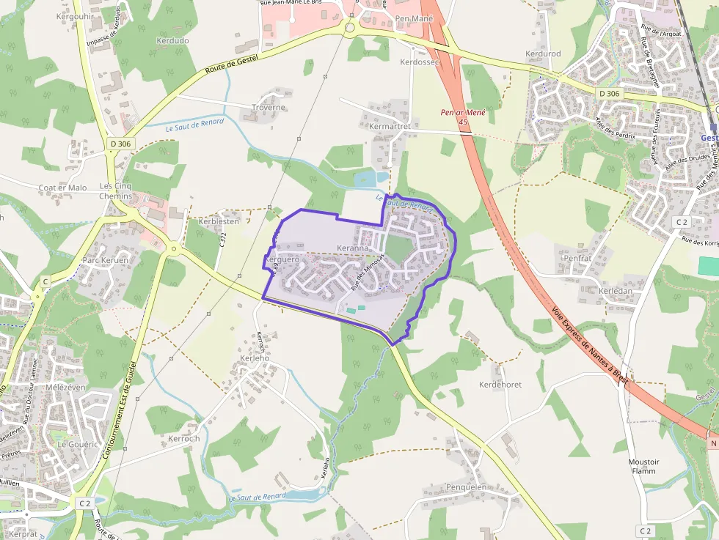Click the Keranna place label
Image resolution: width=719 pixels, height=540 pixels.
point(352,248)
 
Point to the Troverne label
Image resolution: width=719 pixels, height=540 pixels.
point(268,107)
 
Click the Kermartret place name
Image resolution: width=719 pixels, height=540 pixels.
point(390,126)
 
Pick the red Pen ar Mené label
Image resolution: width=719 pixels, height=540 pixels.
point(464,113)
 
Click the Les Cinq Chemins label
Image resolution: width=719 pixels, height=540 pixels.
point(116,191)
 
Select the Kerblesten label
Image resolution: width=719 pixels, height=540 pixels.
point(219,221)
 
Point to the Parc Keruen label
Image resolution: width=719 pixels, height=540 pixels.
point(105,260)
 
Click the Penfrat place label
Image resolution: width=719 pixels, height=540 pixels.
point(577,258)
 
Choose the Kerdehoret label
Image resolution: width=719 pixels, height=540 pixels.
point(500,384)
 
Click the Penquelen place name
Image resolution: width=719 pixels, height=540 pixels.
point(466,487)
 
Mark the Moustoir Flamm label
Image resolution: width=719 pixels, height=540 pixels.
point(644,466)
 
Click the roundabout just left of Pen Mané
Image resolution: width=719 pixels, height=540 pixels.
point(348,29)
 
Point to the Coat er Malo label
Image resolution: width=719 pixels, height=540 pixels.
point(62,188)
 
